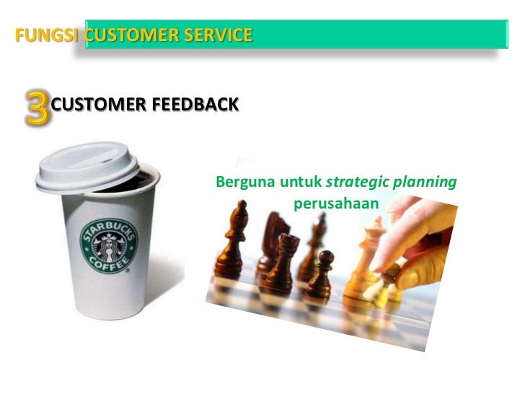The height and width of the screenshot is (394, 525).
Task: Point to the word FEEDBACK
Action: click(195, 105)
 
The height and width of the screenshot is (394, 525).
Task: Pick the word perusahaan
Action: click(336, 203)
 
